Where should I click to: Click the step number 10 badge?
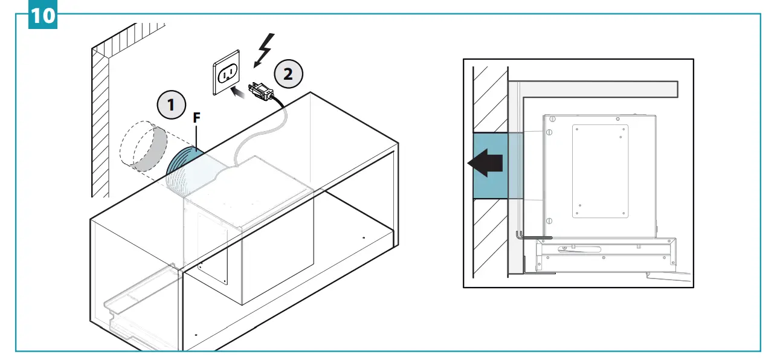(x=42, y=14)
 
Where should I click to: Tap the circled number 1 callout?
(x=172, y=105)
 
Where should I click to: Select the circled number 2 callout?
(x=288, y=74)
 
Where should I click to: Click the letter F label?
(x=196, y=119)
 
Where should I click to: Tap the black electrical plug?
(x=260, y=90)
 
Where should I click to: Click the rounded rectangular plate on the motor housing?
(x=600, y=171)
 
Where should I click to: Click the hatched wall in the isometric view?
(x=100, y=121)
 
